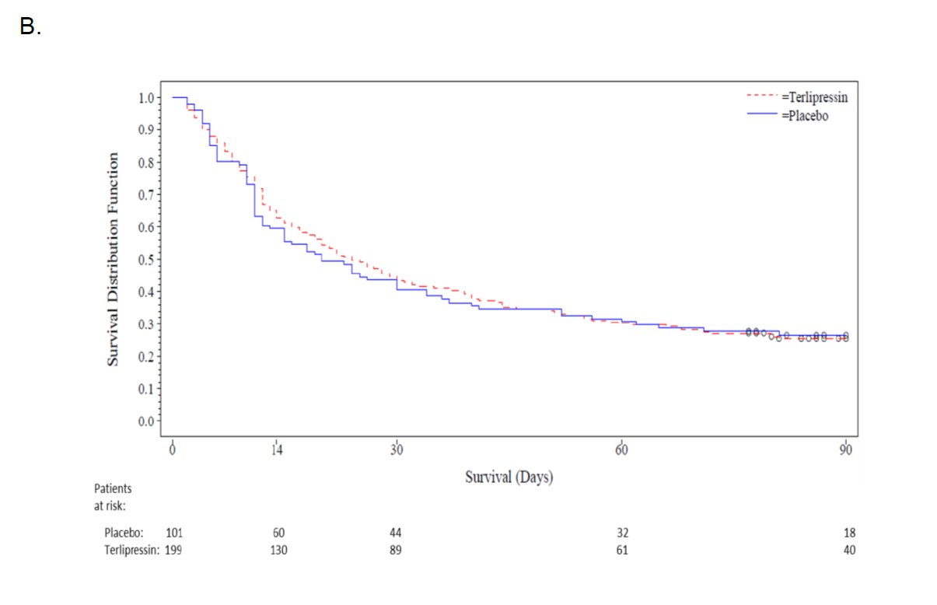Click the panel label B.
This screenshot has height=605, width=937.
coord(30,26)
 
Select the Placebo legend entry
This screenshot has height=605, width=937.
coord(804,115)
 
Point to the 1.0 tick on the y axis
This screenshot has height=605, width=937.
coord(146,98)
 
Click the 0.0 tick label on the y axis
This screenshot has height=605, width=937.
coord(146,421)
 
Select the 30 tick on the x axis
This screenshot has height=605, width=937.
coord(397,450)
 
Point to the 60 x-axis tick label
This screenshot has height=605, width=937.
coord(621,450)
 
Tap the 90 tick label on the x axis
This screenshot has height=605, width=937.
coord(846,450)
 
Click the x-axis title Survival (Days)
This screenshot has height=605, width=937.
coord(509,477)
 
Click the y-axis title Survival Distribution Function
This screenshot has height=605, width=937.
coord(113,259)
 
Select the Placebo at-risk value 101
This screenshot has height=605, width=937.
coord(173,533)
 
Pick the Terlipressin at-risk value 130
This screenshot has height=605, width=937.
coord(278,550)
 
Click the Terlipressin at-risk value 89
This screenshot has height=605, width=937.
coord(396,550)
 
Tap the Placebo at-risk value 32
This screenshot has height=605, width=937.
coord(622,533)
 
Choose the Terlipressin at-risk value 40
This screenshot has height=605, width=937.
coord(848,550)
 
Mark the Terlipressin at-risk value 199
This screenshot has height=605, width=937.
coord(173,550)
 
